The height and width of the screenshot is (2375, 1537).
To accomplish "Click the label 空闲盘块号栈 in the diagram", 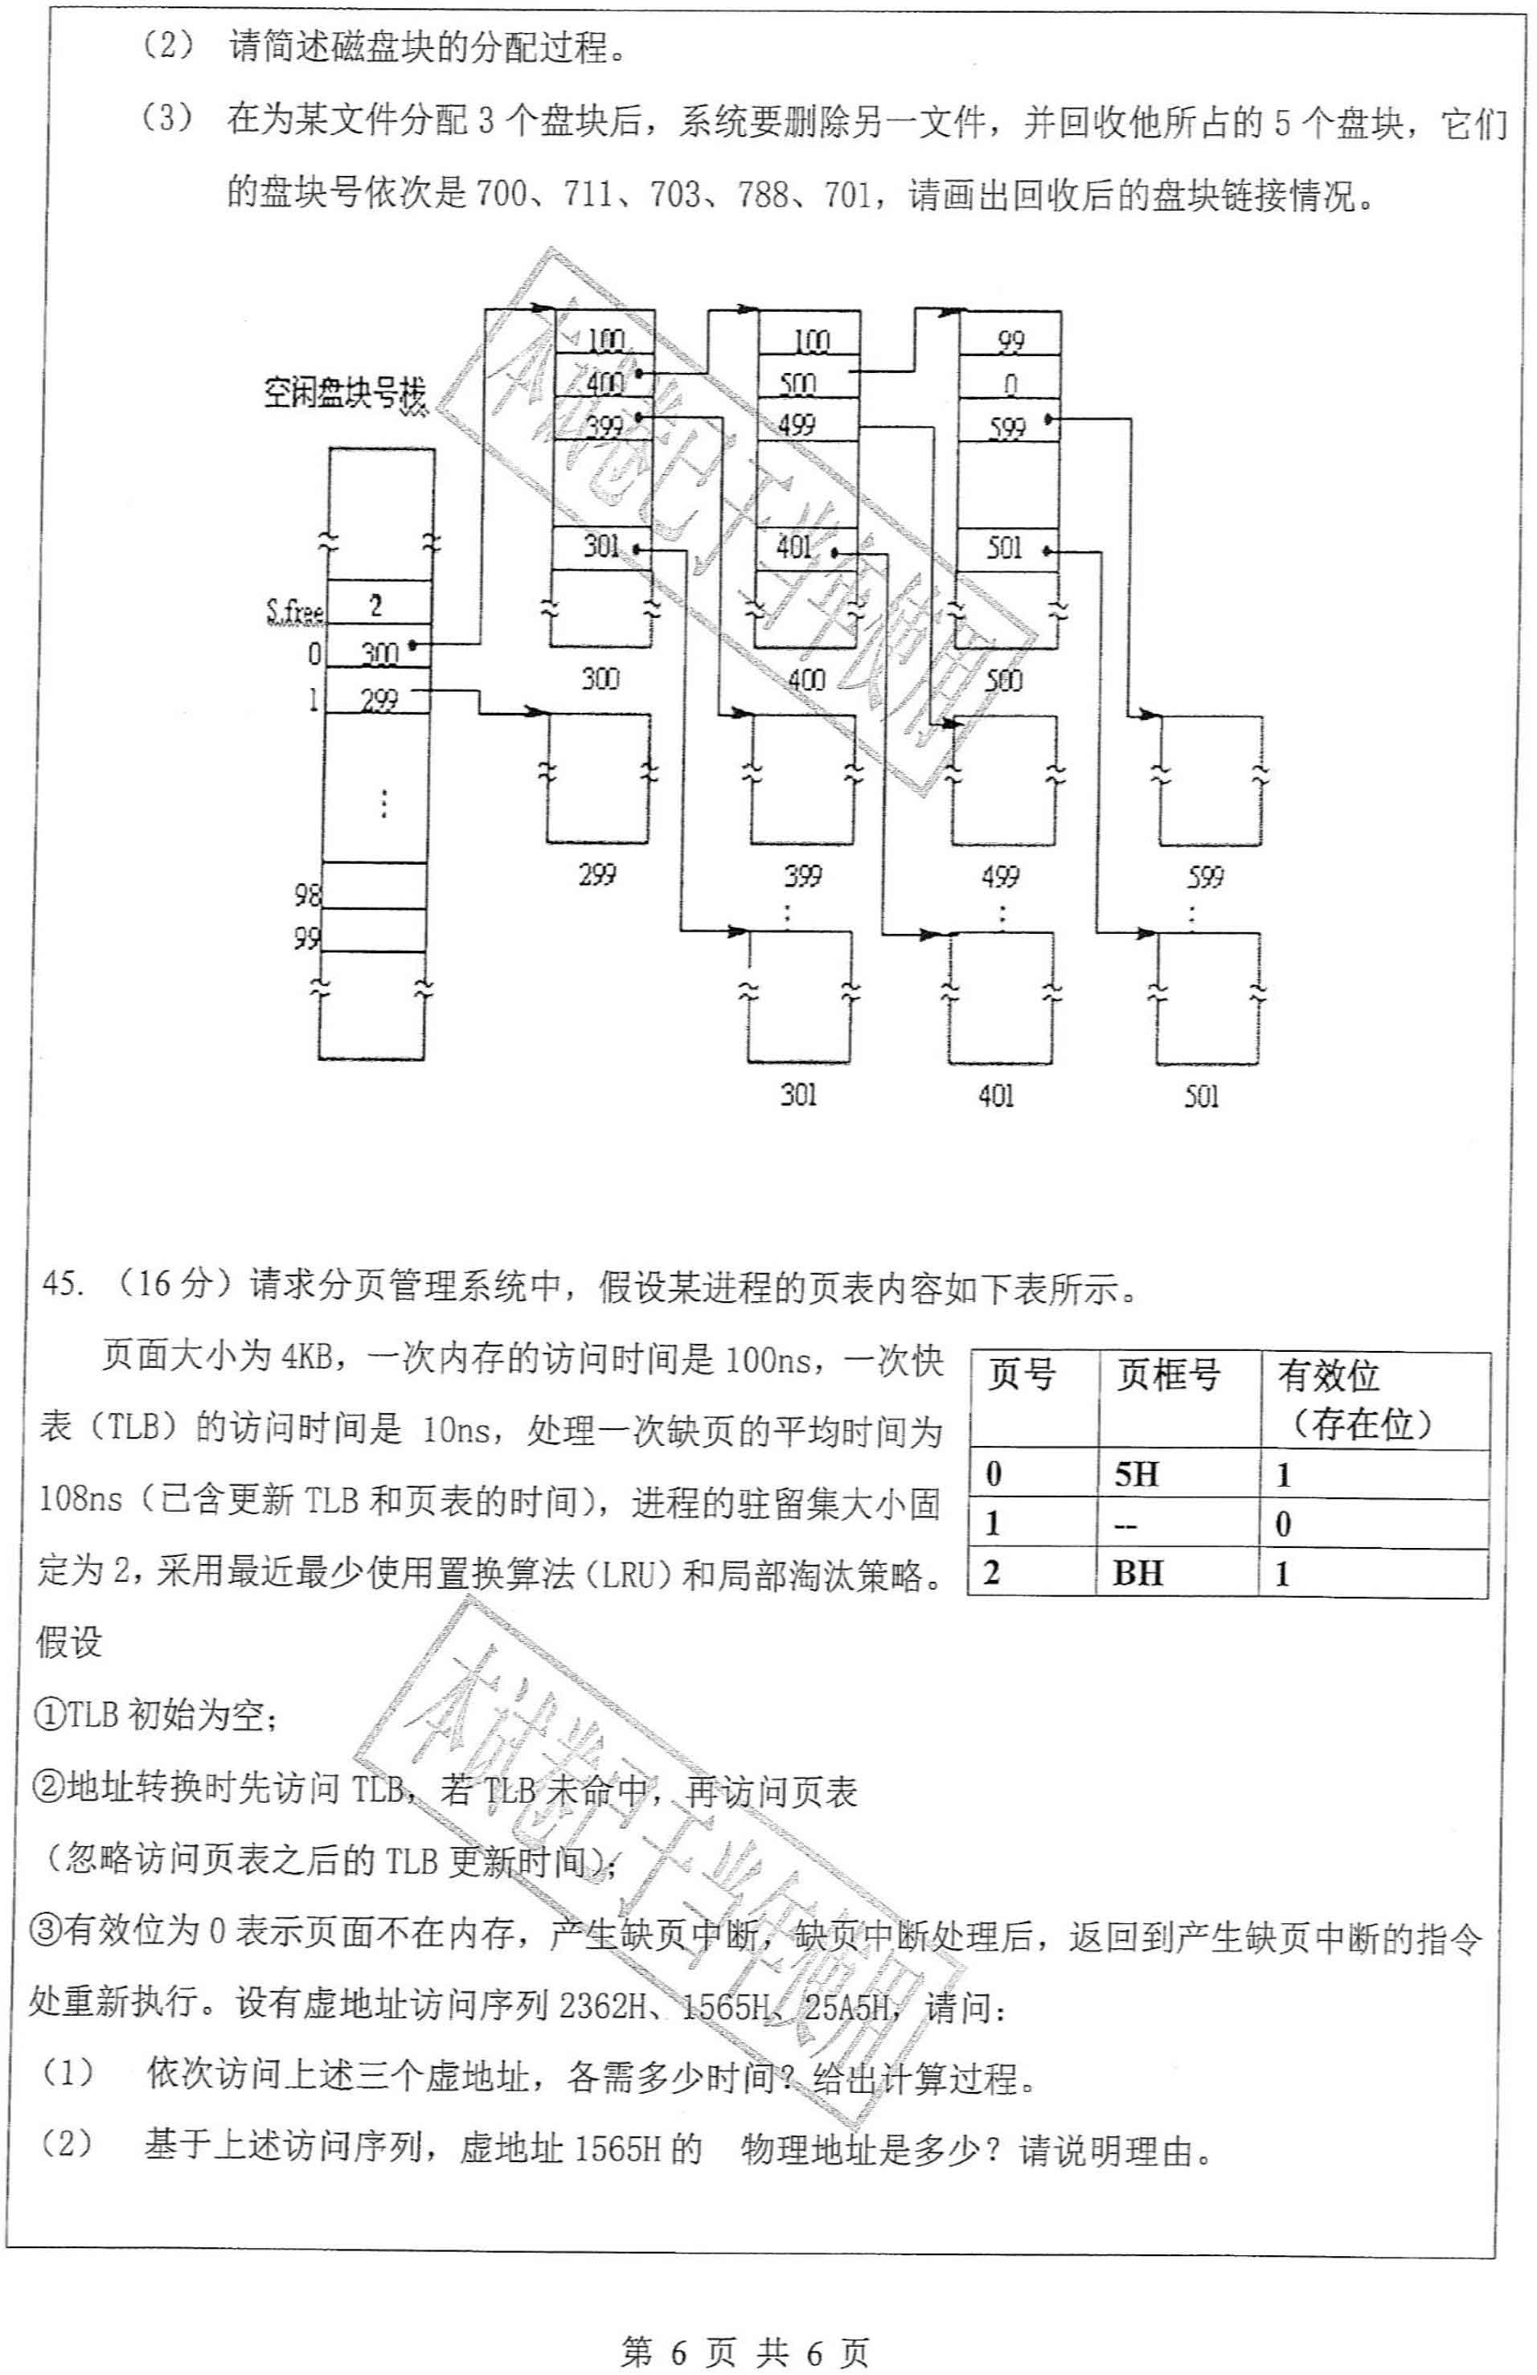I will pyautogui.click(x=344, y=393).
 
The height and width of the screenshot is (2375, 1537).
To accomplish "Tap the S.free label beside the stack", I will pyautogui.click(x=293, y=610).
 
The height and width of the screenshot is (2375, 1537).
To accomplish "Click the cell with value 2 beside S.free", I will pyautogui.click(x=376, y=604).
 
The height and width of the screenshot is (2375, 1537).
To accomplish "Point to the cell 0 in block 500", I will pyautogui.click(x=1010, y=384).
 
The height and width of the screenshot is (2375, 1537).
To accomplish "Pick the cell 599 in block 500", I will pyautogui.click(x=1008, y=427).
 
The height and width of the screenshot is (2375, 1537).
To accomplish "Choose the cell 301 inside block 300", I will pyautogui.click(x=602, y=547).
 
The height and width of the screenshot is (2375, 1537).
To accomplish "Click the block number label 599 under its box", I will pyautogui.click(x=1205, y=877).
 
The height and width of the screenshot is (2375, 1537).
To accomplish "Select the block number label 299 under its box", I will pyautogui.click(x=596, y=875).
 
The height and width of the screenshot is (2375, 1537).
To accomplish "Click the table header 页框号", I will pyautogui.click(x=1168, y=1375).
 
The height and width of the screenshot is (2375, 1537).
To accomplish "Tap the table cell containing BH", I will pyautogui.click(x=1137, y=1574).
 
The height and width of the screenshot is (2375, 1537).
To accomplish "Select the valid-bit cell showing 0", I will pyautogui.click(x=1284, y=1524).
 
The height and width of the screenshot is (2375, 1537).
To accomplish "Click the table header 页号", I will pyautogui.click(x=1021, y=1375).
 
